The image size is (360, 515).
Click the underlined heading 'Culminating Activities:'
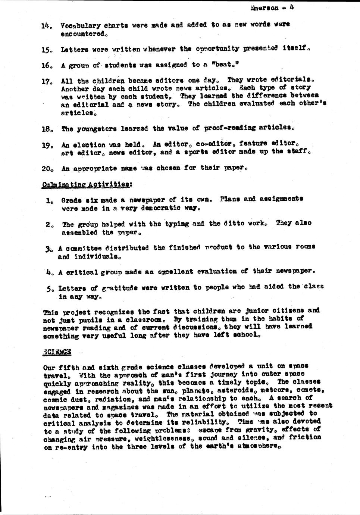tap(87, 184)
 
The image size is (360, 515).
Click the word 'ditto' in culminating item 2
tap(234, 224)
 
